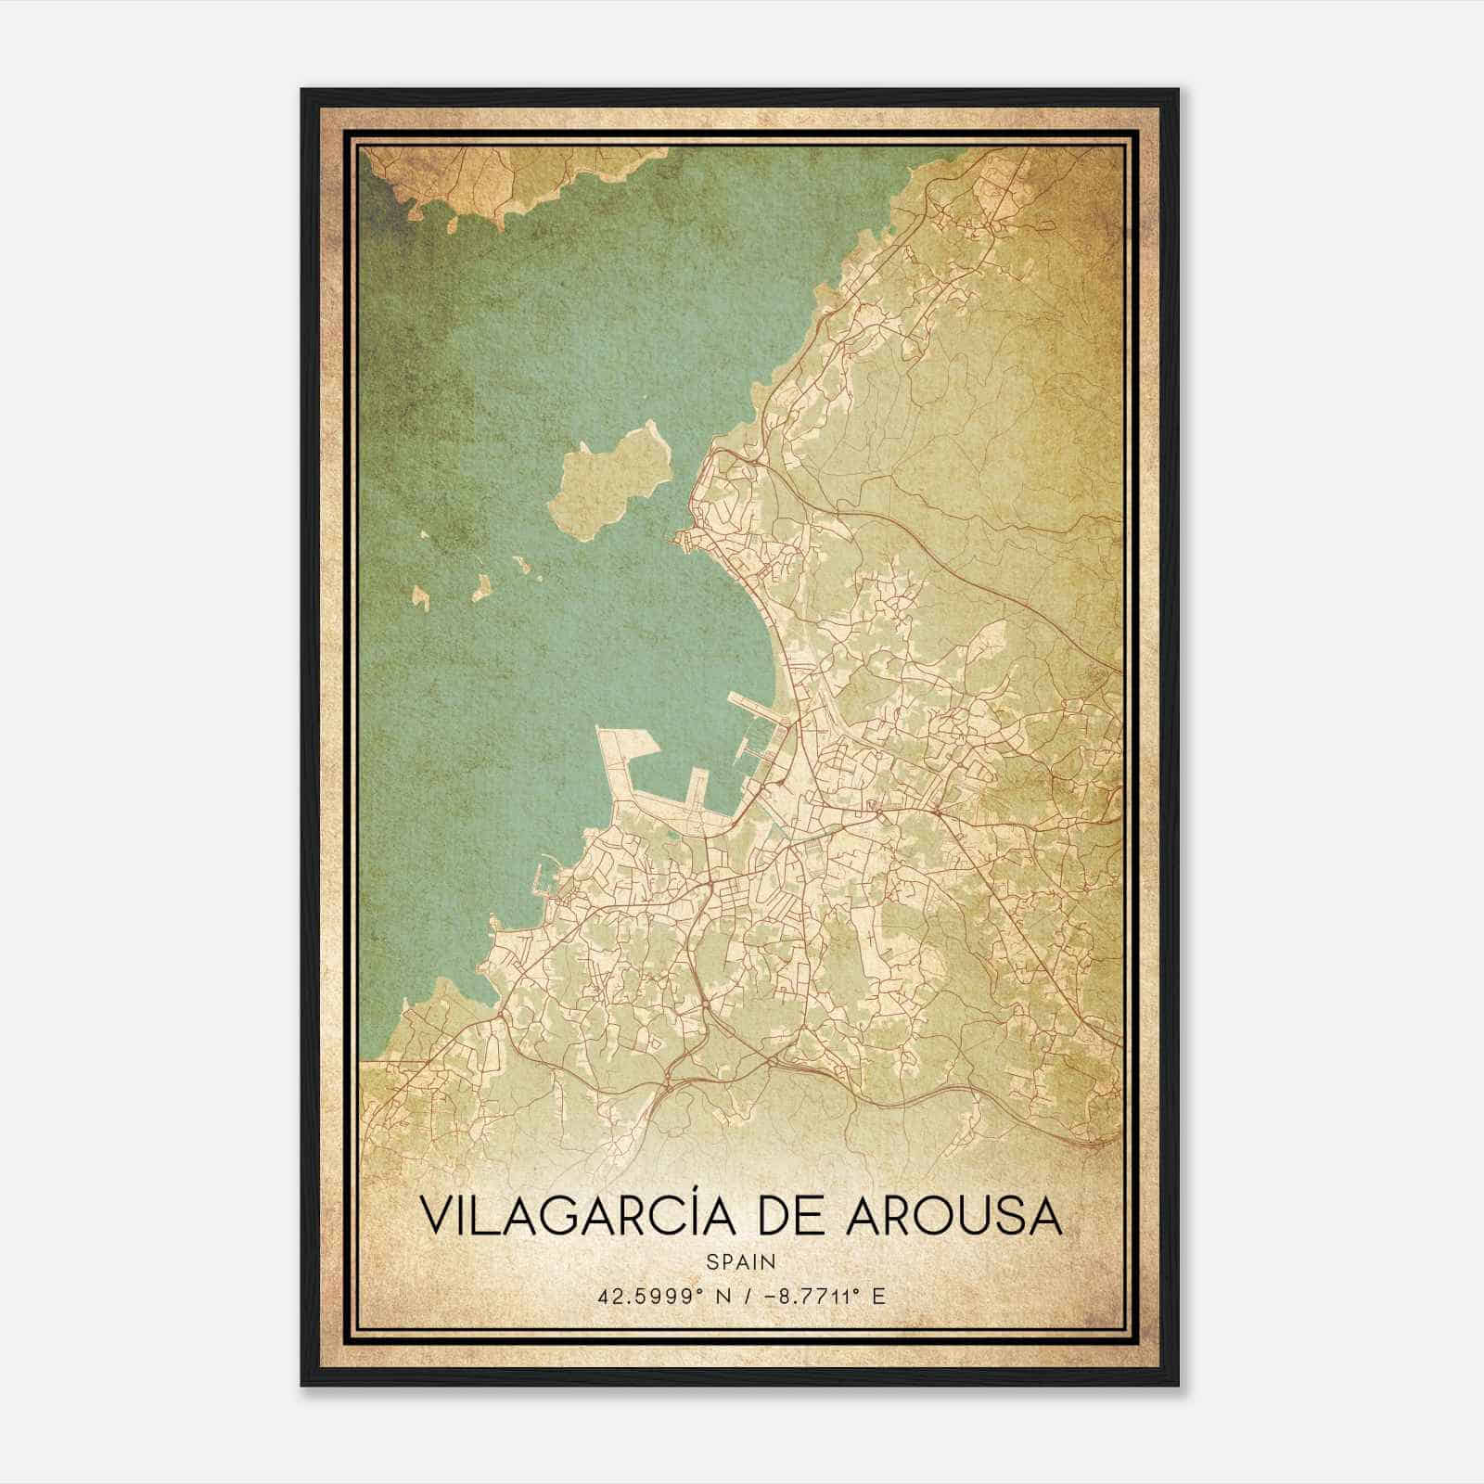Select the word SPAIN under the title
(x=741, y=1261)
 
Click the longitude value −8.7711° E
(x=822, y=1295)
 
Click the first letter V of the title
(x=437, y=1217)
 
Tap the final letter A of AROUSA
(x=1046, y=1217)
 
